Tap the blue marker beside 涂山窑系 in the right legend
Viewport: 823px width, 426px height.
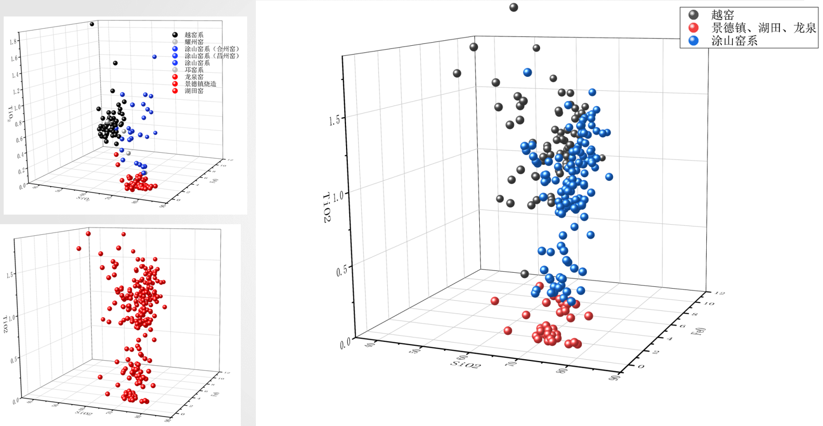(694, 41)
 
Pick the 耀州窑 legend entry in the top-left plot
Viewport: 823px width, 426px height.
(194, 42)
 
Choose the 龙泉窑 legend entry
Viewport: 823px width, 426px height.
(194, 77)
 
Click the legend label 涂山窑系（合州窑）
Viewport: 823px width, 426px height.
(212, 49)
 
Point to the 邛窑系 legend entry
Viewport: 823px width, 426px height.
(194, 70)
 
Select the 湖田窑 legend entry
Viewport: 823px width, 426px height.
(194, 91)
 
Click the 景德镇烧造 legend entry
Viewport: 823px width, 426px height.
(200, 84)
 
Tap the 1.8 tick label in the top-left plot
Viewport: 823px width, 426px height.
(13, 42)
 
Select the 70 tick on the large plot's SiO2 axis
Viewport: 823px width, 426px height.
(513, 363)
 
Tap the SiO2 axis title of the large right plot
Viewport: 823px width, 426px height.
(466, 365)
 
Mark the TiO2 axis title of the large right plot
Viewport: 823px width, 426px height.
(327, 207)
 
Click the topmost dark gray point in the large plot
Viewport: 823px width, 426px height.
(514, 7)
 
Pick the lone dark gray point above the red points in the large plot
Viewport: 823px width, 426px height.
(525, 274)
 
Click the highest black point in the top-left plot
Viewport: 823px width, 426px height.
(92, 24)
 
